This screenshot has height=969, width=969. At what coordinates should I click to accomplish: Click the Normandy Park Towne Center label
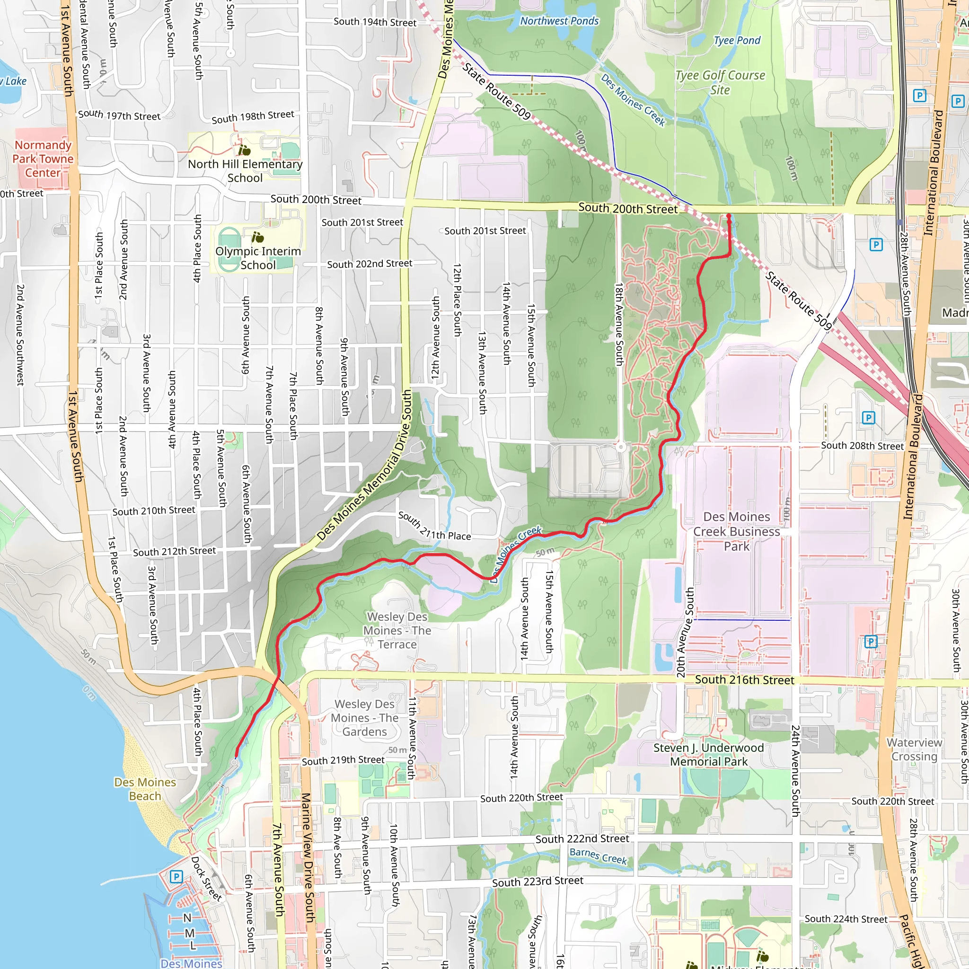coord(43,159)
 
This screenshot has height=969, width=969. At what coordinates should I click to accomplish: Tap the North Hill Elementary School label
coord(245,170)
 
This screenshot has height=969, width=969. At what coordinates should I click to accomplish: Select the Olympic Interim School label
coord(258,258)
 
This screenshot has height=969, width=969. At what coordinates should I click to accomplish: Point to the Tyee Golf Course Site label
coord(720,82)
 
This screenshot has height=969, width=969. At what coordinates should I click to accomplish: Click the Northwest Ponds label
coord(559,21)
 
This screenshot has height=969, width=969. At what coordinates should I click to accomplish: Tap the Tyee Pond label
coord(737,41)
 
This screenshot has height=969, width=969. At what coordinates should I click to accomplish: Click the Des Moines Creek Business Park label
coord(736,531)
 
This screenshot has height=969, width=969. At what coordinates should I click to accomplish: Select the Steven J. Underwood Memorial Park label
coord(708,754)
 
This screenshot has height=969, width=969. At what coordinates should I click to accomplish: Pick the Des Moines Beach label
coord(145,789)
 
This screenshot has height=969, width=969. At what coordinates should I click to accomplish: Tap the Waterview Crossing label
coord(914,749)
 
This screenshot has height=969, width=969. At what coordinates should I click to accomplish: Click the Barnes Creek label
coord(598,855)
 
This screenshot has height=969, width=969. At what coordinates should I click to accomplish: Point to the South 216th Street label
coord(744,680)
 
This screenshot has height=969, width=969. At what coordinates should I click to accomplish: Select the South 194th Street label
coord(375,22)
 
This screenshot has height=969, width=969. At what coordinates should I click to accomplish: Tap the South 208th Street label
coord(862,445)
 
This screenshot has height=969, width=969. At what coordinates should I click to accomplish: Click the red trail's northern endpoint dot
coord(729,216)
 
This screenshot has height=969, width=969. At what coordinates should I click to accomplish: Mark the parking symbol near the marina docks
coord(176,877)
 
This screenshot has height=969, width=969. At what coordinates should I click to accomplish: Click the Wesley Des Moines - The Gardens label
coord(365,718)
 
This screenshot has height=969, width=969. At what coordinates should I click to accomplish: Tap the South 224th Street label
coord(846,919)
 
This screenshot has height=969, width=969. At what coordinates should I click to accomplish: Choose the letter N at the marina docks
coord(187,918)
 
